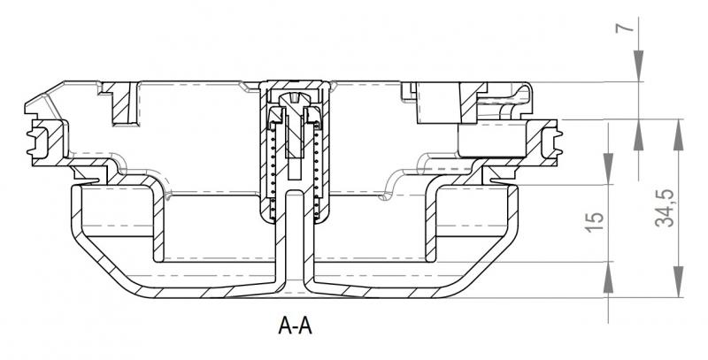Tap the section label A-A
point(295,326)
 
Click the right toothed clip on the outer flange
point(554,142)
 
